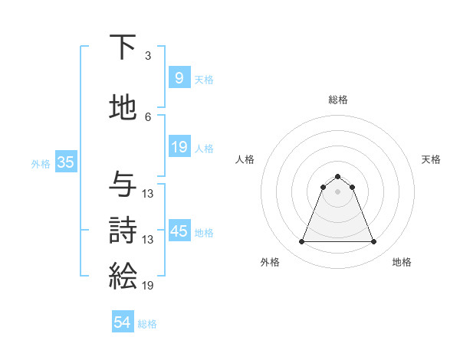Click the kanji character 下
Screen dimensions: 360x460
(123, 48)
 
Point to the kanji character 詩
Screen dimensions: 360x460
(123, 231)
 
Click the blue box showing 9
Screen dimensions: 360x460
(179, 77)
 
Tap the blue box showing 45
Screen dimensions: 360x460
(179, 231)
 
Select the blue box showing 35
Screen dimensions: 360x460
(65, 162)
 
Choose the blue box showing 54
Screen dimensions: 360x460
(123, 322)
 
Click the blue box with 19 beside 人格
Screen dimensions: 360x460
(179, 147)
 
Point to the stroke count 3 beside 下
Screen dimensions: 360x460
(147, 56)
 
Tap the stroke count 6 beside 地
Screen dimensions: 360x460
(147, 116)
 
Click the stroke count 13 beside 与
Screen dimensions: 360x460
(148, 193)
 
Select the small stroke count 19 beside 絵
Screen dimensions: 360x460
(148, 285)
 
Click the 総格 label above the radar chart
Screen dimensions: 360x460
(337, 100)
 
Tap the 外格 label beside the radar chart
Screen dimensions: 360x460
(270, 262)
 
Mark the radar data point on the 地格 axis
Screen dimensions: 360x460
(373, 242)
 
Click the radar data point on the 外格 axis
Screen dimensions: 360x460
(301, 242)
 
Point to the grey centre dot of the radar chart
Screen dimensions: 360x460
(337, 191)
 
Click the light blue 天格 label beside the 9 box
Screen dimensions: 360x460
(204, 79)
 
